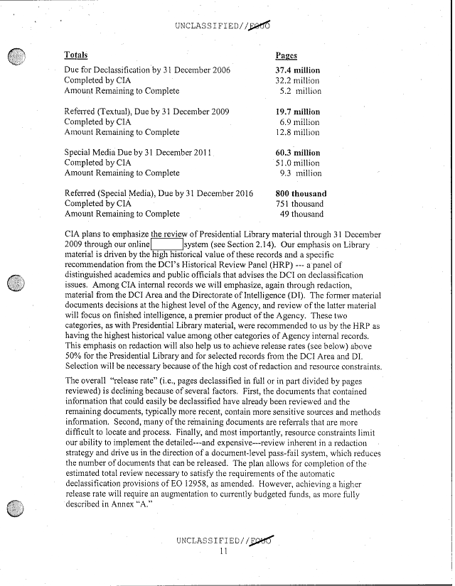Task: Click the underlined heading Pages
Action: coord(286,55)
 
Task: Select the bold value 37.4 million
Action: coord(297,70)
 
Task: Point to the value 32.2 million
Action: coord(297,81)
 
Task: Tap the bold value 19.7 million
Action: coord(297,112)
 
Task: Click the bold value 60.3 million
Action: coord(297,153)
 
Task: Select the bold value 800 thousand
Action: coord(301,193)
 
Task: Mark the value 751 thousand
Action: coord(301,204)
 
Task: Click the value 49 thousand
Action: coord(302,214)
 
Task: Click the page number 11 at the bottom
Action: coord(223,554)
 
